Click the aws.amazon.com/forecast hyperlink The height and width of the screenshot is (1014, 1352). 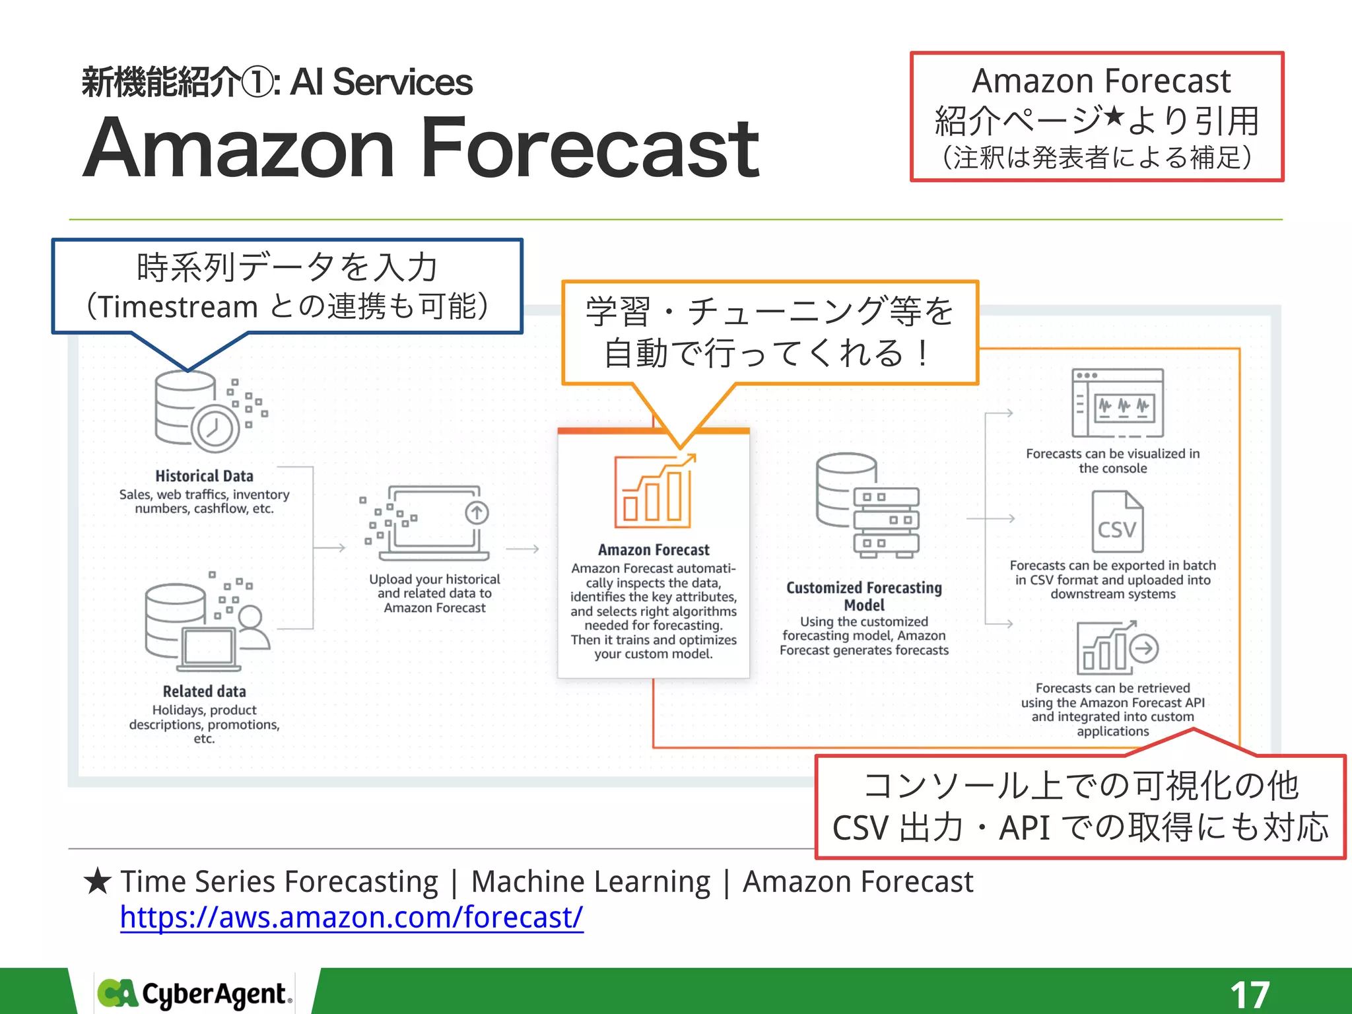(351, 917)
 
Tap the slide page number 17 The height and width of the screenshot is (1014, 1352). (1250, 994)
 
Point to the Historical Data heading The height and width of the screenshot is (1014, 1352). (204, 476)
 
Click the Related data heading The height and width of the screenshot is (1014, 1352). (204, 691)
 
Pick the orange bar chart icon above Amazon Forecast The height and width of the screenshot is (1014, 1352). (654, 491)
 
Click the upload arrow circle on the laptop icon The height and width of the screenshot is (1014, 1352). (477, 512)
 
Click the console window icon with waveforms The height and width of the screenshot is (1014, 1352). (1117, 403)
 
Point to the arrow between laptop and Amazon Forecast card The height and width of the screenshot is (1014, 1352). (523, 549)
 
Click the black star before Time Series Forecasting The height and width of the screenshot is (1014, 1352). (98, 882)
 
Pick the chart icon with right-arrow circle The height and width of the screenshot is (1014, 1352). (1117, 647)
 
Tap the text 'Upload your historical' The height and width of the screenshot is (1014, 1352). (434, 579)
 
